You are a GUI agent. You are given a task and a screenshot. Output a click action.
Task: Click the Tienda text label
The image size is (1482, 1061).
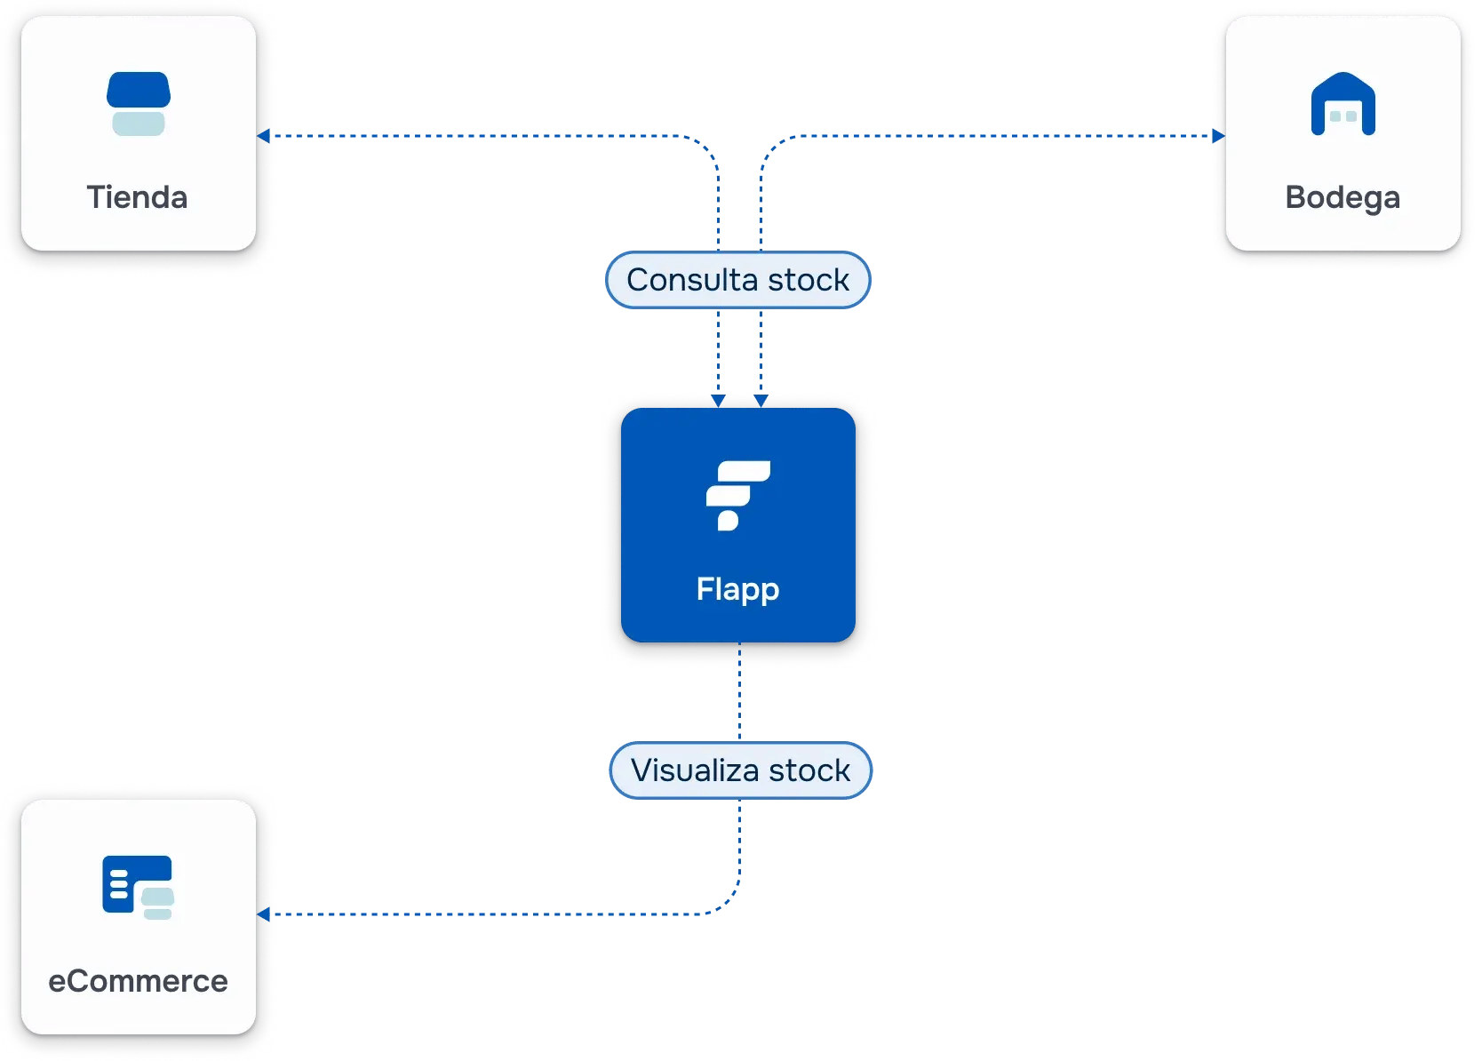(x=137, y=197)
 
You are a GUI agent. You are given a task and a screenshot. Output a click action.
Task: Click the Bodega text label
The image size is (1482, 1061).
(x=1343, y=197)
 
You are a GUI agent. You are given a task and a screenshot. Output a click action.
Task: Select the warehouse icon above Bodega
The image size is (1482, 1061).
(x=1343, y=104)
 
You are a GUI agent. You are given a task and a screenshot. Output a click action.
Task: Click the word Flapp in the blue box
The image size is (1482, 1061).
(x=737, y=589)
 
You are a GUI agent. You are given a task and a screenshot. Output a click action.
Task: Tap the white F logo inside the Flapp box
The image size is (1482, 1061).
(x=737, y=494)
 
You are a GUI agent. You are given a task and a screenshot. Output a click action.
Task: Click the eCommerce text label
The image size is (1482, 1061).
(x=138, y=981)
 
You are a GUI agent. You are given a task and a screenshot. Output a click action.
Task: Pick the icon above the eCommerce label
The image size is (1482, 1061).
(x=138, y=886)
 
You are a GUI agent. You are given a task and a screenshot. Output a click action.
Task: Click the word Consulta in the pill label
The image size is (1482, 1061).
(x=692, y=280)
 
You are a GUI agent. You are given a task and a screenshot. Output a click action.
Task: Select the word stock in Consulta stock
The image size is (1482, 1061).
(x=809, y=280)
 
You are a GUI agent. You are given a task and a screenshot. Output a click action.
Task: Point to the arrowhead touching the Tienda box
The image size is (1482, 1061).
(x=264, y=136)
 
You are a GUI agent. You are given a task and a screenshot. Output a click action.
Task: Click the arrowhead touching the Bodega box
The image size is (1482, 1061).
(x=1218, y=136)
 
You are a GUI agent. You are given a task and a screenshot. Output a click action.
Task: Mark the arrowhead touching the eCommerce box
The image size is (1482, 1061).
(x=264, y=913)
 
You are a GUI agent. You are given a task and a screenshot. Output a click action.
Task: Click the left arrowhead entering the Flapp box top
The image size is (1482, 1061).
(x=718, y=401)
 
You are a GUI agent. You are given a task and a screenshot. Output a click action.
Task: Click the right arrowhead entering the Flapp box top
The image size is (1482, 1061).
(x=761, y=401)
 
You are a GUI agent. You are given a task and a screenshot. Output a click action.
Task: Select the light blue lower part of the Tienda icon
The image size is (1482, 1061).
(x=139, y=124)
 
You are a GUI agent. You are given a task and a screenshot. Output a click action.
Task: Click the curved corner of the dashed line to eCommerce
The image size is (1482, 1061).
(x=731, y=904)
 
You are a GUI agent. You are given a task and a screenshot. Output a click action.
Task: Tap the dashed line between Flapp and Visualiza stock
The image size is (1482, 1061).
(x=739, y=693)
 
